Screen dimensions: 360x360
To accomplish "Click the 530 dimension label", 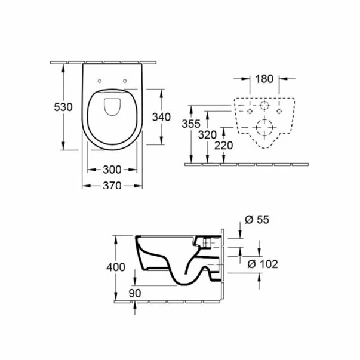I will pyautogui.click(x=62, y=107).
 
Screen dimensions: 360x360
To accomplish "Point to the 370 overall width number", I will pyautogui.click(x=112, y=186).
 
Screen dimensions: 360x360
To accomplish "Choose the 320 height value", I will pyautogui.click(x=207, y=135).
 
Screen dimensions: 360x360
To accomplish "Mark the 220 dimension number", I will pyautogui.click(x=224, y=145).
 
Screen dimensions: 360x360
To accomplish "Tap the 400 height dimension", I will pyautogui.click(x=116, y=267).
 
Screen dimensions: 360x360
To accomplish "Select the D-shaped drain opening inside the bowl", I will pyautogui.click(x=112, y=107).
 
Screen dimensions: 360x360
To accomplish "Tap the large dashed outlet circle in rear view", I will pyautogui.click(x=263, y=126).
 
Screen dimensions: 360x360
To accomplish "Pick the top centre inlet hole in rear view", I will pyautogui.click(x=263, y=107).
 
